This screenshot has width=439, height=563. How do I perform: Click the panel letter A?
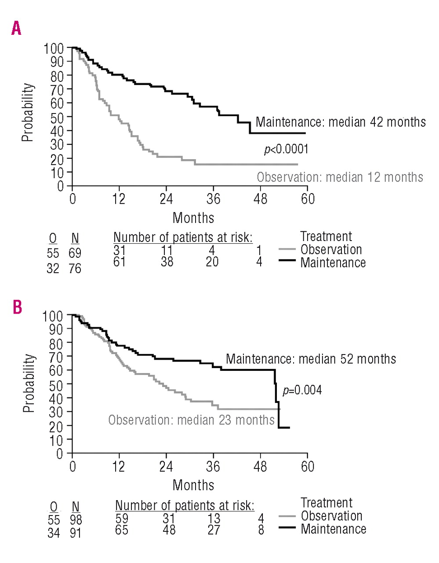point(16,29)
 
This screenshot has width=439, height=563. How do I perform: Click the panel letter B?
point(17,307)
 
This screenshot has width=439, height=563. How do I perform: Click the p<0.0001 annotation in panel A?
point(286,150)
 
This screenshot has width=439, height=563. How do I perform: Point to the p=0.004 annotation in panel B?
point(302,390)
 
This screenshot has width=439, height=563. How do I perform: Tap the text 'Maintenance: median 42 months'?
point(341,122)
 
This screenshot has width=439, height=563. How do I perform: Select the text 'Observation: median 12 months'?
point(340,177)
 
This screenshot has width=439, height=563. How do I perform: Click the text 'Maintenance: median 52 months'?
point(311,359)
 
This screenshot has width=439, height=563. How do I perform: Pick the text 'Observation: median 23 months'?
point(191,420)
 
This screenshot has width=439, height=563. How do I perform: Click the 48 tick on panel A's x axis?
point(260,199)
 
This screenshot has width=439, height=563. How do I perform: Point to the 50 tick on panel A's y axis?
point(57,117)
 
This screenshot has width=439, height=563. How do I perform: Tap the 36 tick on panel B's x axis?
point(213,466)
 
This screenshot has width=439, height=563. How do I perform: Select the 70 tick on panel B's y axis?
point(57,356)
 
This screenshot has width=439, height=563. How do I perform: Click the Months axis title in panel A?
point(193,218)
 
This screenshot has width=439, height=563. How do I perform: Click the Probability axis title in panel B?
point(29,383)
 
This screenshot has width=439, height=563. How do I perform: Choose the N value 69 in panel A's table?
point(75,253)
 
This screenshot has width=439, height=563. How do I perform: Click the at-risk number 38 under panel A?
point(167,262)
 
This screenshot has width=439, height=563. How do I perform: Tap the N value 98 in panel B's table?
point(76,520)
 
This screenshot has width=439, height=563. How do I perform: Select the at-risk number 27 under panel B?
point(214,530)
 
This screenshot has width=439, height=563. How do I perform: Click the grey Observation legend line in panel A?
point(287,249)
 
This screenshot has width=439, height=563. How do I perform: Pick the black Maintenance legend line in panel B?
point(287,528)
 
